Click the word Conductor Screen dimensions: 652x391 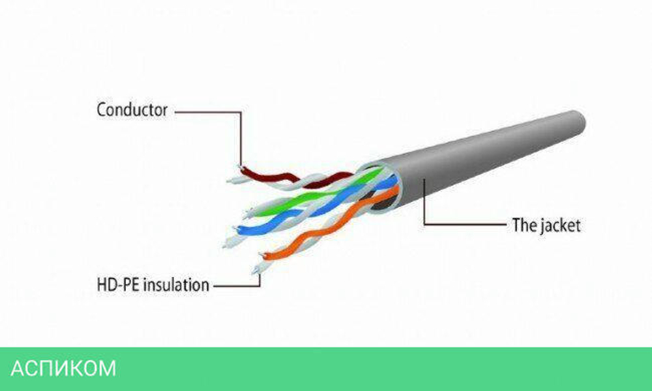click(132, 109)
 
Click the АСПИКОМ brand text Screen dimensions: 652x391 click(64, 368)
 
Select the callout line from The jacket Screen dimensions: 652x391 click(456, 225)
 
